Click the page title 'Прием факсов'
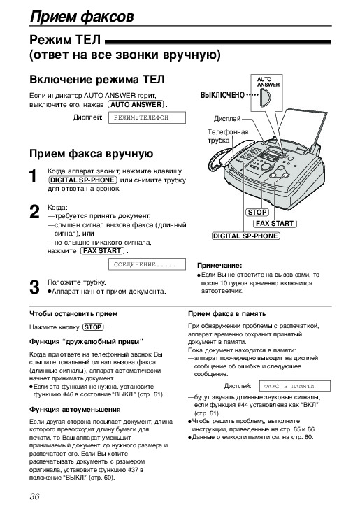[82, 16]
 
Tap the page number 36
[34, 496]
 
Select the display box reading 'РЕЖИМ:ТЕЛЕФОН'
[147, 117]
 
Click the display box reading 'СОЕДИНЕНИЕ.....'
[147, 264]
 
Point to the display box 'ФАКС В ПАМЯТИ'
[294, 386]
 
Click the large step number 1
[33, 176]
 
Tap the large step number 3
[34, 287]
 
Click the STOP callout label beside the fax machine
[257, 213]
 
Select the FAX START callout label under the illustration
[275, 224]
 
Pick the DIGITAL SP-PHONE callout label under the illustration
[246, 236]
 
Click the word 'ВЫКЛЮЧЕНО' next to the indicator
[223, 95]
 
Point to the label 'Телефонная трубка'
[228, 136]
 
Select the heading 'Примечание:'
[219, 266]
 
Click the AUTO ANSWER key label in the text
[136, 105]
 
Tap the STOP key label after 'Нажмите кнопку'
[93, 327]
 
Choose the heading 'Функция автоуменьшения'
[75, 410]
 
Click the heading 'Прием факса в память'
[227, 314]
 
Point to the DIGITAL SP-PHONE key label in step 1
[82, 180]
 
